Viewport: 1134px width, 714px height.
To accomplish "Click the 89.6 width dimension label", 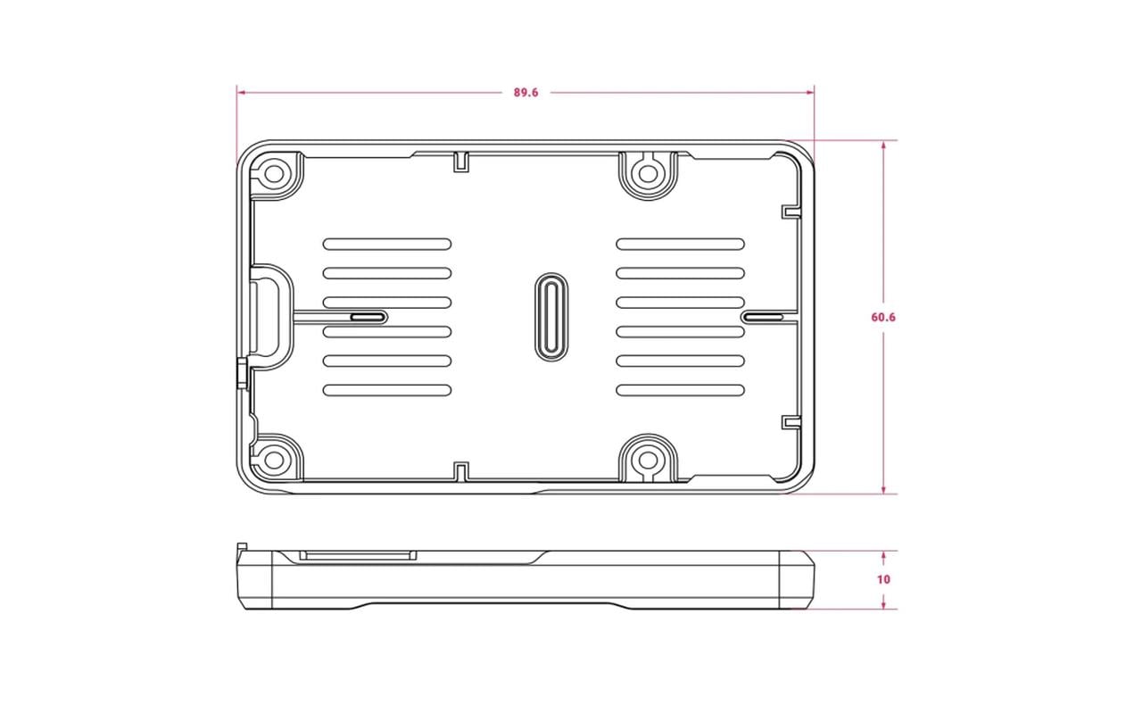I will tap(526, 92).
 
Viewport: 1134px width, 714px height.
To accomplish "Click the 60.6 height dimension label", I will tap(883, 317).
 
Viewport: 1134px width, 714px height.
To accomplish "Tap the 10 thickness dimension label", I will tap(883, 579).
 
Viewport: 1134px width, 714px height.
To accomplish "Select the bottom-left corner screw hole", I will tap(275, 461).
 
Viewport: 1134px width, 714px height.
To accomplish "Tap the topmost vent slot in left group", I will tap(386, 244).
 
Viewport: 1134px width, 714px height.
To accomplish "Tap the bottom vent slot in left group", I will tap(386, 390).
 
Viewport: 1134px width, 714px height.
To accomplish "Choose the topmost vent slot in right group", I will tap(680, 244).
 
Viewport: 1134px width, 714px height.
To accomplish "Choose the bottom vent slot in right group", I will tap(680, 390).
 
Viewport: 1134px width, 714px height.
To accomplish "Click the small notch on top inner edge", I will tap(461, 161).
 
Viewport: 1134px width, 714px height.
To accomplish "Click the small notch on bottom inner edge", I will tap(461, 471).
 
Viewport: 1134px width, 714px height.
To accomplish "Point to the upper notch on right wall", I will tap(790, 211).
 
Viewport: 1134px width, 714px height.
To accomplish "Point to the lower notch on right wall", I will tap(790, 422).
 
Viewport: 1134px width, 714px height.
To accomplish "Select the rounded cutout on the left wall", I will tap(269, 317).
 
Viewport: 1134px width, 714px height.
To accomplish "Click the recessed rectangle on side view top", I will tap(358, 555).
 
